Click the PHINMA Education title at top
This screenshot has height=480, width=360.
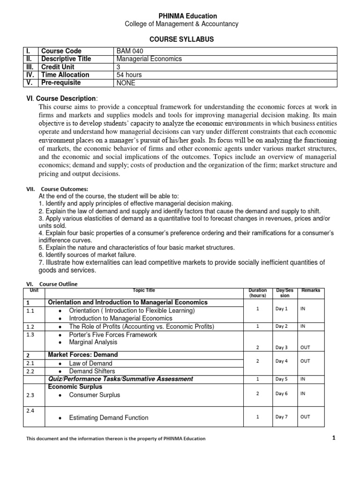pos(180,15)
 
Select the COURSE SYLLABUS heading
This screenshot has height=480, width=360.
pos(180,40)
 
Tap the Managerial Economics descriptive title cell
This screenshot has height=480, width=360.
pos(149,59)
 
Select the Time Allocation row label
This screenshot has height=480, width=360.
pos(65,75)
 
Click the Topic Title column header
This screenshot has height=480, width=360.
pos(144,291)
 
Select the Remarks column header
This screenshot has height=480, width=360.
pos(311,291)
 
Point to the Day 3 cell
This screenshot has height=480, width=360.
pos(282,347)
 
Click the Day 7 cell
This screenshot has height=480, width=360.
pos(282,417)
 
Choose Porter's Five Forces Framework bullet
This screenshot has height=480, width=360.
pos(113,335)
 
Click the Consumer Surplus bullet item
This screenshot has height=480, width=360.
pos(94,395)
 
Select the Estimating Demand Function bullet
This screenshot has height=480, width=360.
pos(108,418)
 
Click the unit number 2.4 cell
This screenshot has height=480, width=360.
pos(30,410)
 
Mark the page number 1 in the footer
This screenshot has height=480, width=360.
pos(334,438)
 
